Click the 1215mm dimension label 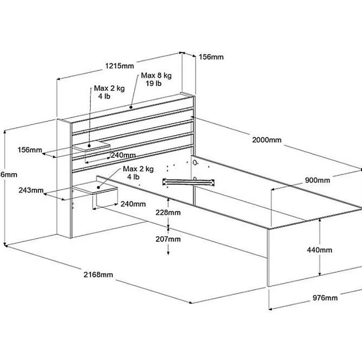pyautogui.click(x=119, y=66)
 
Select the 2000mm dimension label pyautogui.click(x=266, y=140)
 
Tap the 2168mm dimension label pyautogui.click(x=99, y=275)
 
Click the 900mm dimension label pyautogui.click(x=317, y=180)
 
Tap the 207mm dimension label pyautogui.click(x=168, y=239)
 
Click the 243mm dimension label pyautogui.click(x=31, y=190)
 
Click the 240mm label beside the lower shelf pyautogui.click(x=133, y=204)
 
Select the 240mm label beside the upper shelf pyautogui.click(x=123, y=155)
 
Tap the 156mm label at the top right pyautogui.click(x=211, y=57)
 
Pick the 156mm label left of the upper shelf pyautogui.click(x=30, y=150)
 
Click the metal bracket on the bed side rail pyautogui.click(x=189, y=182)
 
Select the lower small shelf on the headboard pyautogui.click(x=96, y=189)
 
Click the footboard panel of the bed pyautogui.click(x=313, y=254)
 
